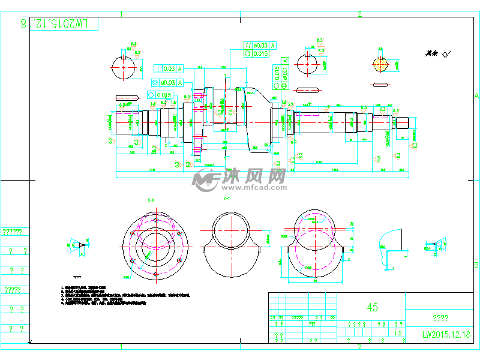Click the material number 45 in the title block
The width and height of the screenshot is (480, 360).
(372, 307)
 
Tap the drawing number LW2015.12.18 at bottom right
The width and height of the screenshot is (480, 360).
(446, 335)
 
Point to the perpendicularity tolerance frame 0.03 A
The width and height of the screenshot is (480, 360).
(169, 69)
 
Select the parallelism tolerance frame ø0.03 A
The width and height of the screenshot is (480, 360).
(260, 46)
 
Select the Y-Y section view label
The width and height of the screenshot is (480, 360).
(227, 199)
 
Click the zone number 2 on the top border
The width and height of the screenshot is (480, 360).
(359, 14)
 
